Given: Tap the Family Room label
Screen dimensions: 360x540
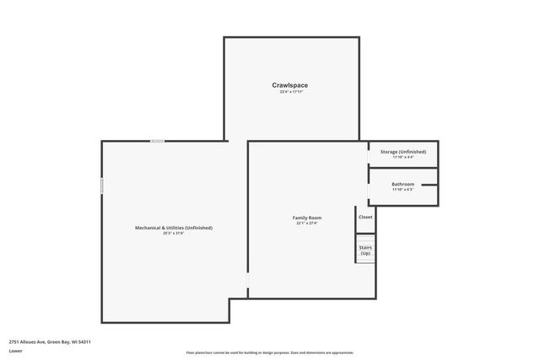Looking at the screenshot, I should (x=307, y=218).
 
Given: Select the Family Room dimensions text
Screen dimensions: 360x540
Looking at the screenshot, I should (x=307, y=223).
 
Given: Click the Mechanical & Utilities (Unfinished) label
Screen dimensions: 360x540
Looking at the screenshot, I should (x=174, y=228).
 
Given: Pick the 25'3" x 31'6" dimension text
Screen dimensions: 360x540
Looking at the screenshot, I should (x=174, y=234).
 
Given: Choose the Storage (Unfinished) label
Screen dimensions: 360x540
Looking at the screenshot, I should (x=403, y=151).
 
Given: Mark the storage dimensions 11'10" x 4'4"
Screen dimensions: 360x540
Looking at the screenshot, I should (x=403, y=157).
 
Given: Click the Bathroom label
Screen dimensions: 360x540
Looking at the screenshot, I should (x=403, y=184).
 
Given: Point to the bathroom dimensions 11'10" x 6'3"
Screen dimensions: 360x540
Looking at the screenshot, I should (x=403, y=190).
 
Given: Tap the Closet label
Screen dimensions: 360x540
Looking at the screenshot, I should (x=365, y=217).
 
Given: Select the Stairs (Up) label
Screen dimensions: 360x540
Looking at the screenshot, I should (x=365, y=250).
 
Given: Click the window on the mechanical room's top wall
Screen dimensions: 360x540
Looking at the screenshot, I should (x=158, y=141).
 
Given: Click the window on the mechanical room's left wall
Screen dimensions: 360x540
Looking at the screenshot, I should (x=102, y=185).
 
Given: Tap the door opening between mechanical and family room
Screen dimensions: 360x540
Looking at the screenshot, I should (x=248, y=282).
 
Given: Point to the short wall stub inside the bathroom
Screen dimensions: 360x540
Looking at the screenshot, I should (x=429, y=185).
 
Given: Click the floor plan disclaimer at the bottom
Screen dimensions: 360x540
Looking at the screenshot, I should (x=270, y=352).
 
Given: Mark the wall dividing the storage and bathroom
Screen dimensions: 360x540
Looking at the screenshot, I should (x=403, y=169).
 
